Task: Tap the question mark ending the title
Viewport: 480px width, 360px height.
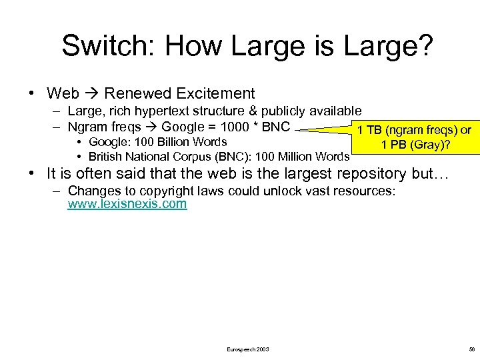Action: (x=425, y=46)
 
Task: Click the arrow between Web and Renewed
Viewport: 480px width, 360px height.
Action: (x=91, y=93)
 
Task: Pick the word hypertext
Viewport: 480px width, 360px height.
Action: (x=175, y=111)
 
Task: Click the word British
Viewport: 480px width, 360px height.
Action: (x=105, y=157)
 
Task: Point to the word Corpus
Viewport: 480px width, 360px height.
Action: (x=189, y=157)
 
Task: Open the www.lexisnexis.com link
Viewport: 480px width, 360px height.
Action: (x=127, y=204)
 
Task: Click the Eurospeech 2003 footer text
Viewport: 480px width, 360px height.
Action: (x=247, y=349)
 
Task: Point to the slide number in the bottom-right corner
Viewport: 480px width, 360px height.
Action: (x=471, y=349)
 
